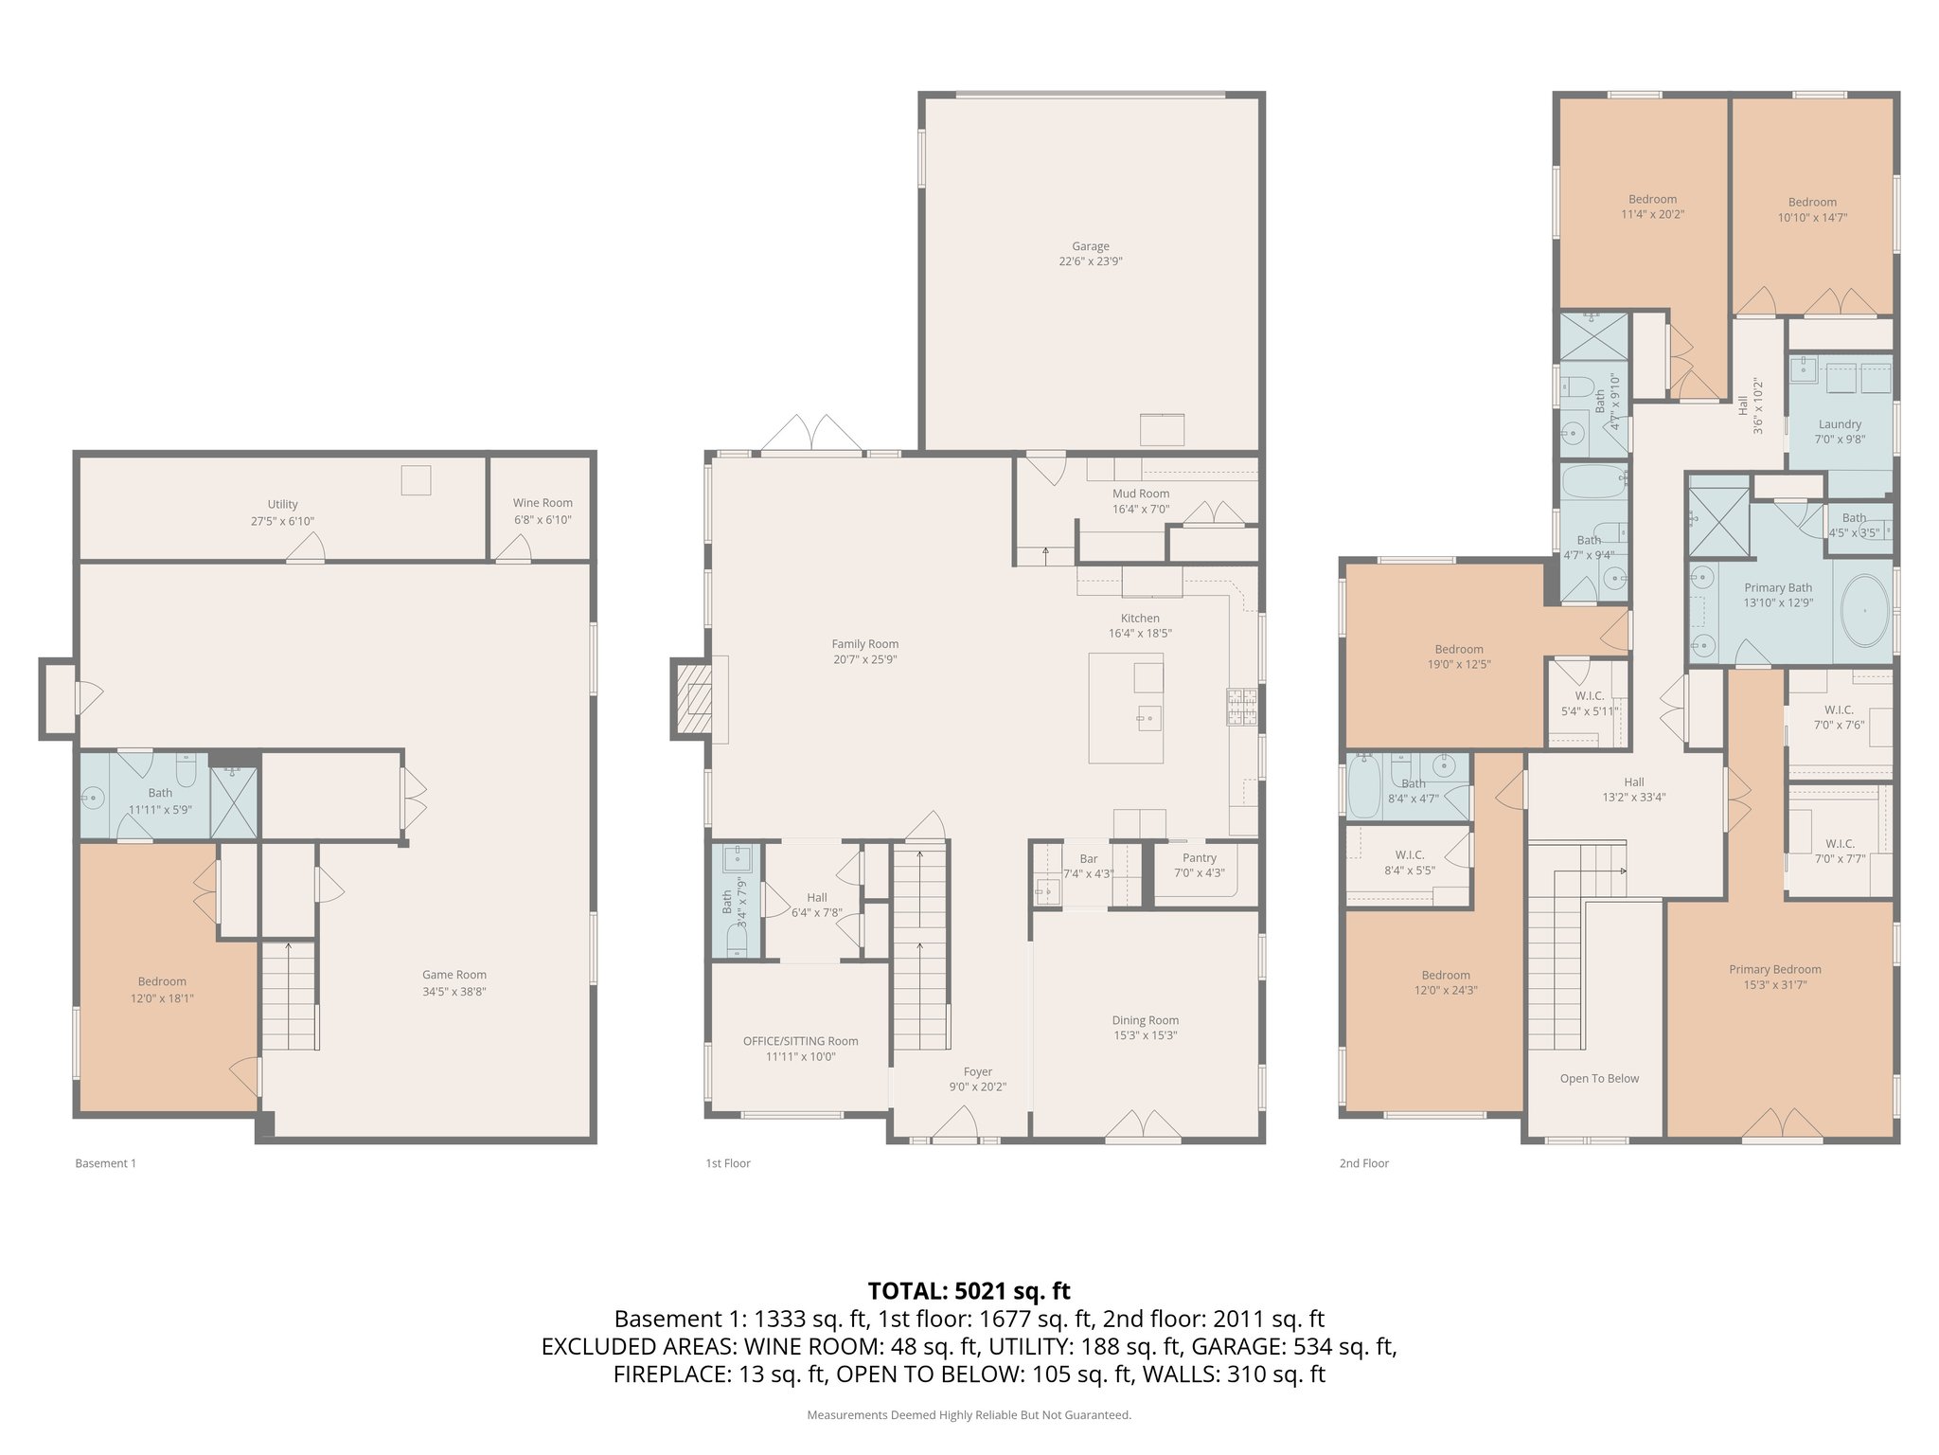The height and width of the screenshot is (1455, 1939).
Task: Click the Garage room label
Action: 1090,246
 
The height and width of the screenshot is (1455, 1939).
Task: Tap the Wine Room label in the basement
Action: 543,503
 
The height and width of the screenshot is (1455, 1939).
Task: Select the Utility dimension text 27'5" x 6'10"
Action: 282,521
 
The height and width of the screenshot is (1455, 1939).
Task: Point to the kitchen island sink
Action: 1148,716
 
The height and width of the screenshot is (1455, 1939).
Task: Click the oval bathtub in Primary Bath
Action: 1864,610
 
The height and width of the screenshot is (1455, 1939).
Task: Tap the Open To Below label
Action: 1599,1078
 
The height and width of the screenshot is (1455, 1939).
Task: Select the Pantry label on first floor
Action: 1199,858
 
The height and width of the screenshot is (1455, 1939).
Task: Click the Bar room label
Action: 1088,859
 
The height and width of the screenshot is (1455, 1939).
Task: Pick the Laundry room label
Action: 1839,424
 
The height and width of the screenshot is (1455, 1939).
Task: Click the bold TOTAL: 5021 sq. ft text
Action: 969,1291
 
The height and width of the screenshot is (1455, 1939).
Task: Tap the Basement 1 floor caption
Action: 105,1163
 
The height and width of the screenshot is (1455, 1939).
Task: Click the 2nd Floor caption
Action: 1363,1163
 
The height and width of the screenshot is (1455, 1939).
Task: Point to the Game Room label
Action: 454,975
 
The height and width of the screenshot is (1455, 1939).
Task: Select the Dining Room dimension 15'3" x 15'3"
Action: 1145,1035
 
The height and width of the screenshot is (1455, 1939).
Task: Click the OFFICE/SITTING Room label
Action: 800,1041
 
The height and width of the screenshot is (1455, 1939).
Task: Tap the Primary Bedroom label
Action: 1774,969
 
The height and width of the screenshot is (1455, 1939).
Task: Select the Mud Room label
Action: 1140,494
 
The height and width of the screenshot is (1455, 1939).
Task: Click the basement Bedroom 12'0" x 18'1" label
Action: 162,982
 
